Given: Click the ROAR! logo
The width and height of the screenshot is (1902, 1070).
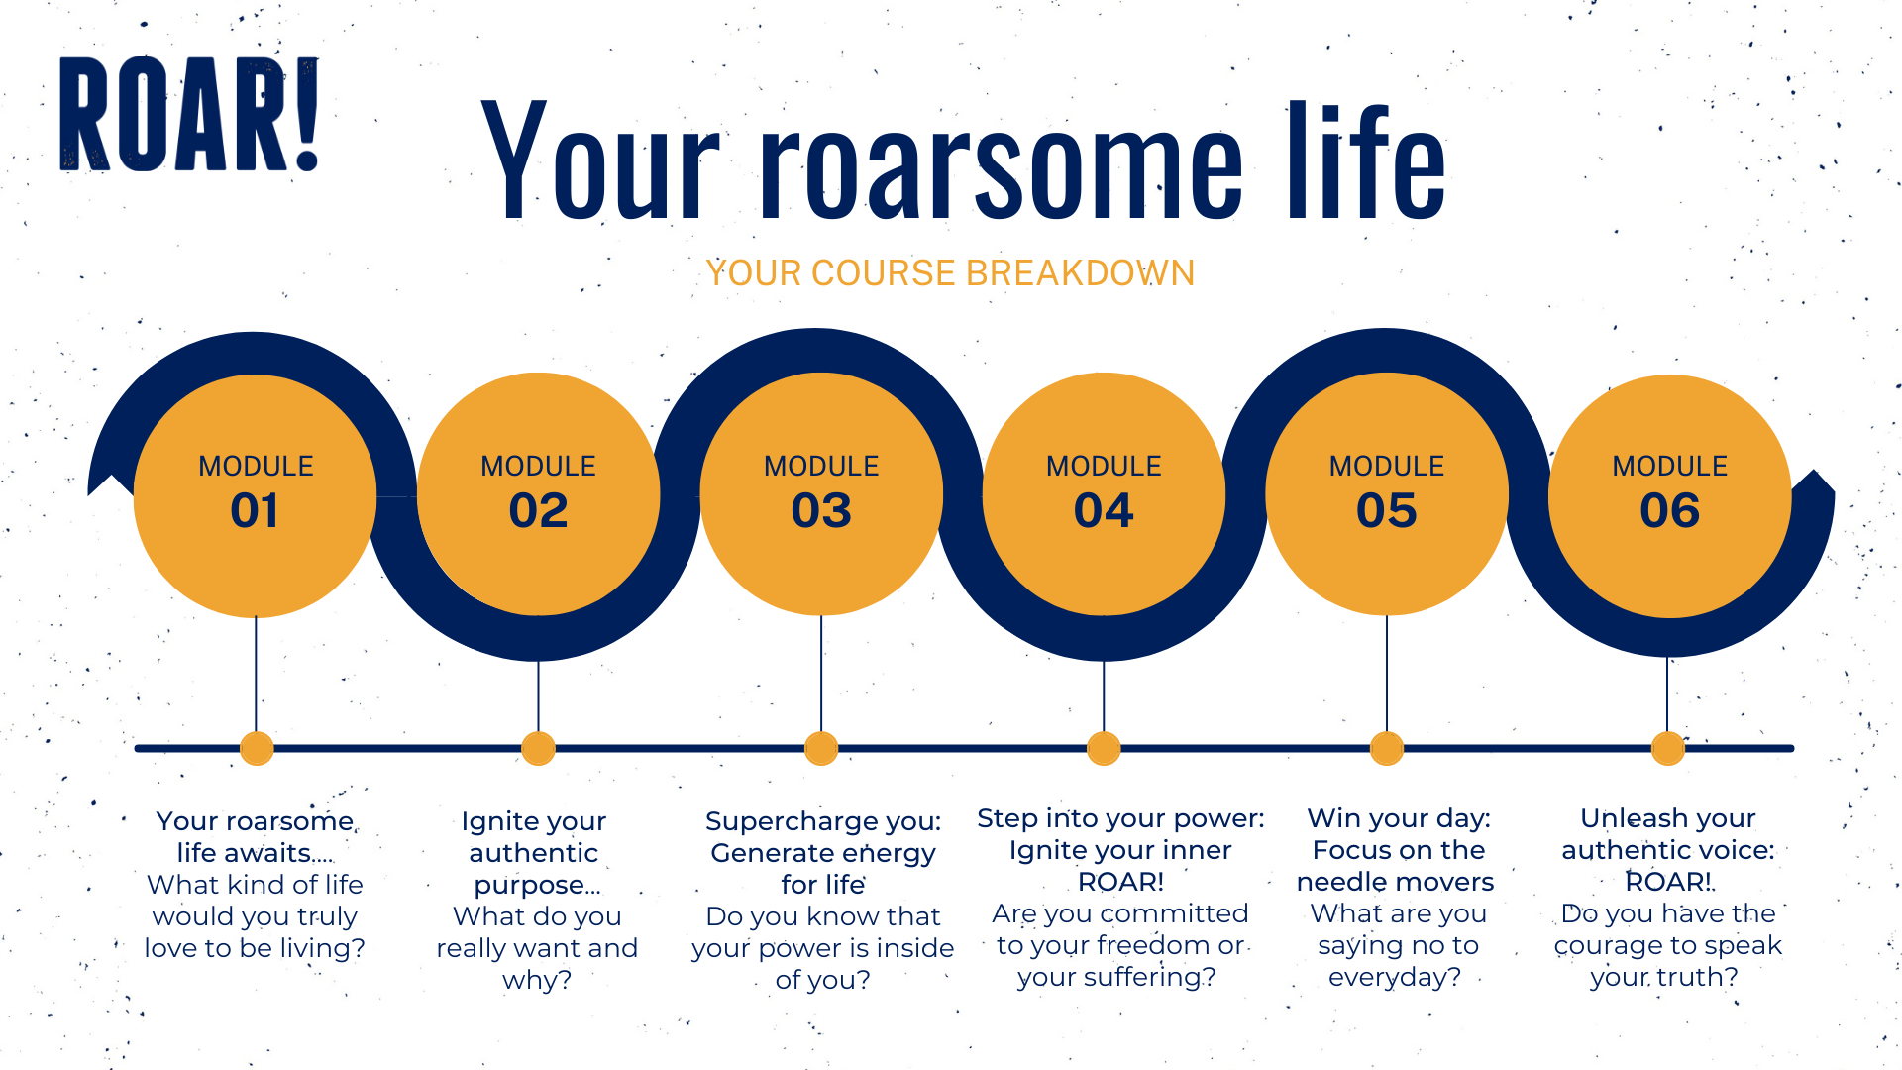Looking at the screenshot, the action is tap(189, 114).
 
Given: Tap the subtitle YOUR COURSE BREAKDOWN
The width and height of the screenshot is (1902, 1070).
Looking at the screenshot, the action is tap(950, 272).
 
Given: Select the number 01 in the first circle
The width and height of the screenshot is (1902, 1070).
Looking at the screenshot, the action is tap(255, 510).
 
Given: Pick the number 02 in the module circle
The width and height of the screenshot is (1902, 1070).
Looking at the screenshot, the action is tap(538, 510).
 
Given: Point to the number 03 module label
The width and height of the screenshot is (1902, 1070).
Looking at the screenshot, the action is tap(821, 510).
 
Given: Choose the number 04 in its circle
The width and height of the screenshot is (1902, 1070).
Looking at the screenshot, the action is tap(1104, 510).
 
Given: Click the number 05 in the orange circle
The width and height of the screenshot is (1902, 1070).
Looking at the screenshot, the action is tap(1387, 510).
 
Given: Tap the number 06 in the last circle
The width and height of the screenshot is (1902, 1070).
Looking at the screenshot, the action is tap(1670, 510).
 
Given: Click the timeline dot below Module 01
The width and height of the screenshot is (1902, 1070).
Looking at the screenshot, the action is tap(257, 748).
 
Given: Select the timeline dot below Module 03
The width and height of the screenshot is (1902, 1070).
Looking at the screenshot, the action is tap(821, 748).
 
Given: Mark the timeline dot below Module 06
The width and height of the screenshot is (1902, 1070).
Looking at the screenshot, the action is tap(1668, 748).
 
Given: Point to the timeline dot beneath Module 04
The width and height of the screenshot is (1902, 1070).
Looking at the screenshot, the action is tap(1104, 748).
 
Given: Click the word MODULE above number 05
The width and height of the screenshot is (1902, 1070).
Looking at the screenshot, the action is tap(1387, 466).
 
